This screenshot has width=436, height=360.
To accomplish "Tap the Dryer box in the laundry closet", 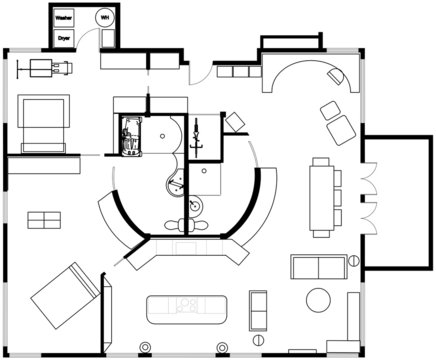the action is click(x=64, y=37).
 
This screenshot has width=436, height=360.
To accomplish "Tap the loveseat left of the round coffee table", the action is click(x=259, y=309).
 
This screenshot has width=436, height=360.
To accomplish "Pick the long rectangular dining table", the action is click(x=321, y=195).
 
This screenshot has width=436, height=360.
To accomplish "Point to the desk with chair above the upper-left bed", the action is click(x=47, y=66).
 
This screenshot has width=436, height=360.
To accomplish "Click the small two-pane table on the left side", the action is click(x=44, y=218).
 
